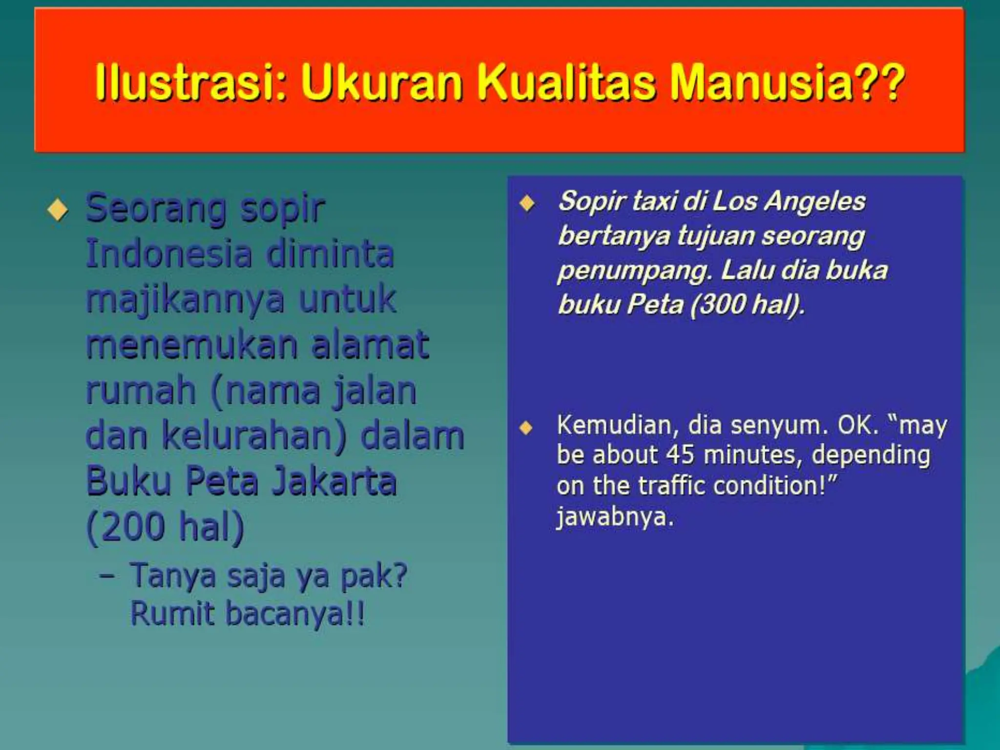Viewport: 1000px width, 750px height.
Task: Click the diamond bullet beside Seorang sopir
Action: coord(58,210)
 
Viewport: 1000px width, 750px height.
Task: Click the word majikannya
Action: coord(185,300)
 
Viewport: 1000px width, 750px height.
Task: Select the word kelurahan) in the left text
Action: coord(254,436)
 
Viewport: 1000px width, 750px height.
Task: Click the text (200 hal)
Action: coord(165,527)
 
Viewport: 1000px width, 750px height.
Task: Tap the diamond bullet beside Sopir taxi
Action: coord(527,203)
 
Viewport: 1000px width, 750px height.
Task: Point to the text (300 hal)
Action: coord(747,305)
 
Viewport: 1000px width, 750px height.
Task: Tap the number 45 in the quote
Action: coord(680,455)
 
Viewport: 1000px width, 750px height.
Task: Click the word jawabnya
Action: coord(615,517)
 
